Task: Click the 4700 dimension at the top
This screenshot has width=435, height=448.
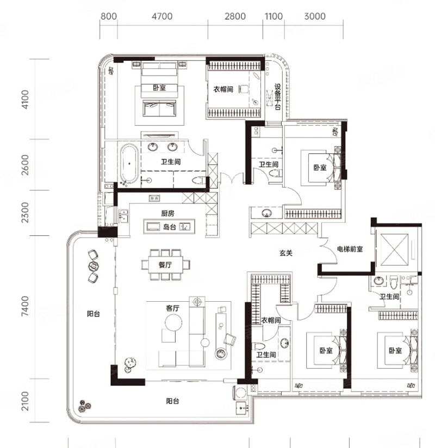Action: pyautogui.click(x=162, y=16)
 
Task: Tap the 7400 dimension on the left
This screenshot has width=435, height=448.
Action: pyautogui.click(x=25, y=306)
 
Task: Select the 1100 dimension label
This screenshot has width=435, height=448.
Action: pyautogui.click(x=274, y=16)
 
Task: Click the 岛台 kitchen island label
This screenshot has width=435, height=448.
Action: pyautogui.click(x=169, y=227)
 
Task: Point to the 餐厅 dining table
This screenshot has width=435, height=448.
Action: pyautogui.click(x=165, y=265)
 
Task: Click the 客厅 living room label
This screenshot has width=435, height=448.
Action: pyautogui.click(x=172, y=308)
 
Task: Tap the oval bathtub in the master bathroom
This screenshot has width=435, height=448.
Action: pyautogui.click(x=129, y=164)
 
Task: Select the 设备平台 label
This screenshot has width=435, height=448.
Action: pyautogui.click(x=277, y=97)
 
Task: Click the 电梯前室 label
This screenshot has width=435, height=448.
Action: pyautogui.click(x=350, y=249)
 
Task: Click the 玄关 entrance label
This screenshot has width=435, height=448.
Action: pyautogui.click(x=286, y=253)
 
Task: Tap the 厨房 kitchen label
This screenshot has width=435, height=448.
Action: pyautogui.click(x=167, y=213)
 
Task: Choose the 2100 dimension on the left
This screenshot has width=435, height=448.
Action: pyautogui.click(x=25, y=401)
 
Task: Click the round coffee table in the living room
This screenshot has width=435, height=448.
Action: pyautogui.click(x=173, y=322)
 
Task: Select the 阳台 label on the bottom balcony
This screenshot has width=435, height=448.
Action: pyautogui.click(x=172, y=401)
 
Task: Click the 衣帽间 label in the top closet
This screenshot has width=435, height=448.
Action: pyautogui.click(x=223, y=89)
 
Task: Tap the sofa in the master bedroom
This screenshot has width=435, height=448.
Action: pyautogui.click(x=159, y=108)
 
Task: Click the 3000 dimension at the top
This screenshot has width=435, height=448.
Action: pyautogui.click(x=315, y=16)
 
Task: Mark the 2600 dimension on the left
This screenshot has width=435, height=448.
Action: pyautogui.click(x=25, y=165)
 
